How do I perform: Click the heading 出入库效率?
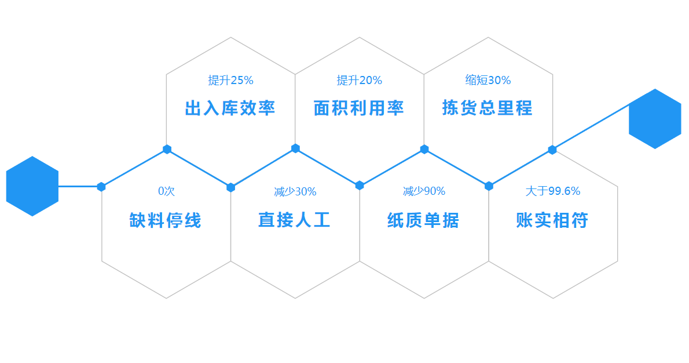(x=230, y=108)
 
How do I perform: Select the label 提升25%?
(x=230, y=80)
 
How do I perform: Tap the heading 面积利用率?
(x=358, y=108)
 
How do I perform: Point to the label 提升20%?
(x=360, y=80)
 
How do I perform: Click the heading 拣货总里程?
(x=488, y=108)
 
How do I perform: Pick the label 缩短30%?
(x=488, y=80)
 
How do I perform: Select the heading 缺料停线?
(x=165, y=220)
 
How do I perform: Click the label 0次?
(x=167, y=191)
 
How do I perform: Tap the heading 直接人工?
(x=294, y=220)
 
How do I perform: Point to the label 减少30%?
(x=295, y=191)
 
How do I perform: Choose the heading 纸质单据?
(x=423, y=220)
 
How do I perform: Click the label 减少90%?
(x=424, y=191)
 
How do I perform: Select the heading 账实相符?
(x=552, y=220)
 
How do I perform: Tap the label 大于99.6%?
(x=553, y=191)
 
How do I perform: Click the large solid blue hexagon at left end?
(x=32, y=186)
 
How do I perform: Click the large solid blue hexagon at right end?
(x=655, y=119)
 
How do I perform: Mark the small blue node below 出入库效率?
(x=167, y=149)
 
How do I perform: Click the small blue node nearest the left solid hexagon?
(x=101, y=187)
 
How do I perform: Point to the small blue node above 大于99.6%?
(x=552, y=150)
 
